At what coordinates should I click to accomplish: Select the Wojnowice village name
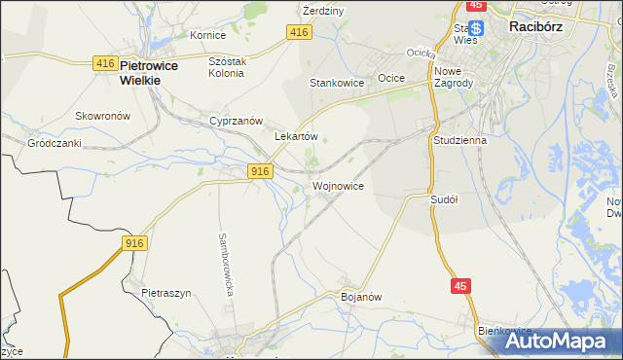tap(339, 185)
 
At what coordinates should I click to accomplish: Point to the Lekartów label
tap(297, 137)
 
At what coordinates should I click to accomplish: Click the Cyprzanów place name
tap(237, 121)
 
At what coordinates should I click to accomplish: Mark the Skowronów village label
tap(102, 115)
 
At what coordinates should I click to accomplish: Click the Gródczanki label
tap(54, 142)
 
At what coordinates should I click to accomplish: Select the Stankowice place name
tap(336, 83)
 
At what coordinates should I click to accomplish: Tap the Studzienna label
tap(458, 139)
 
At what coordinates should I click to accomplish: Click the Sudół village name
tap(444, 198)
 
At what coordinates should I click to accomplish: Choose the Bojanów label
tap(359, 296)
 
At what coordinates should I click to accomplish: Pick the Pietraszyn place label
tap(163, 292)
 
